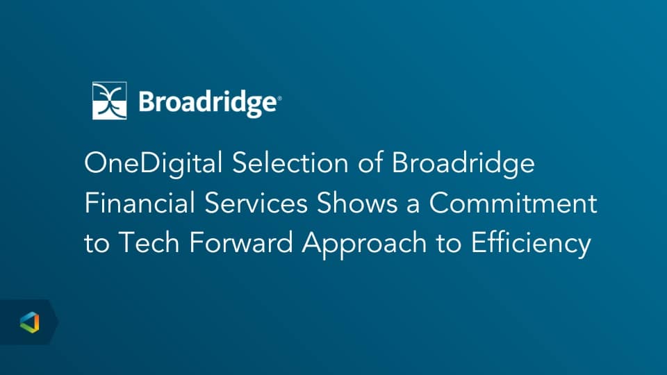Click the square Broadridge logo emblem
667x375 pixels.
pyautogui.click(x=109, y=101)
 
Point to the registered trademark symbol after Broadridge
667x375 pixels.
pyautogui.click(x=279, y=99)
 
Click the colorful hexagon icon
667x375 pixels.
pyautogui.click(x=29, y=322)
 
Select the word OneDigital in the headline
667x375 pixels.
pyautogui.click(x=153, y=164)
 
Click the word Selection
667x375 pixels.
pyautogui.click(x=290, y=162)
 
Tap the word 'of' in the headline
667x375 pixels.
pyautogui.click(x=370, y=162)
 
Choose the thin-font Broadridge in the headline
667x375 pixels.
pyautogui.click(x=463, y=164)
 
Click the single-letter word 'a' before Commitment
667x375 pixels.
pyautogui.click(x=413, y=206)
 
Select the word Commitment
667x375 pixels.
pyautogui.click(x=513, y=203)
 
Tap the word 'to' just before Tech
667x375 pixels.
pyautogui.click(x=97, y=243)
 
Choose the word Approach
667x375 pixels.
pyautogui.click(x=364, y=244)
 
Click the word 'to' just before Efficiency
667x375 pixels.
pyautogui.click(x=448, y=243)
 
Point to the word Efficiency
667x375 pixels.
pyautogui.click(x=531, y=244)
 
